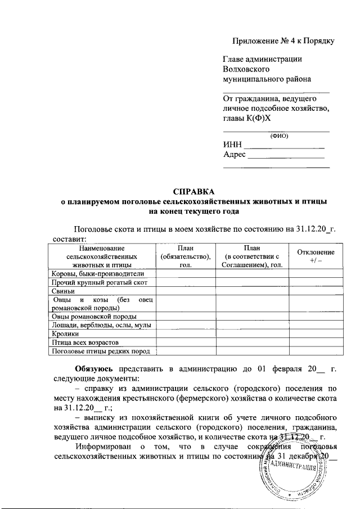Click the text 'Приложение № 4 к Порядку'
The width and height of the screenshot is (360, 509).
(x=284, y=41)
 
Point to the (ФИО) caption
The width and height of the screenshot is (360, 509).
(x=278, y=135)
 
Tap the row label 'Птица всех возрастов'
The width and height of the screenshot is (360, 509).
(x=85, y=342)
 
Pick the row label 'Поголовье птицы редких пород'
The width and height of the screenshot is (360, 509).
(x=100, y=351)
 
